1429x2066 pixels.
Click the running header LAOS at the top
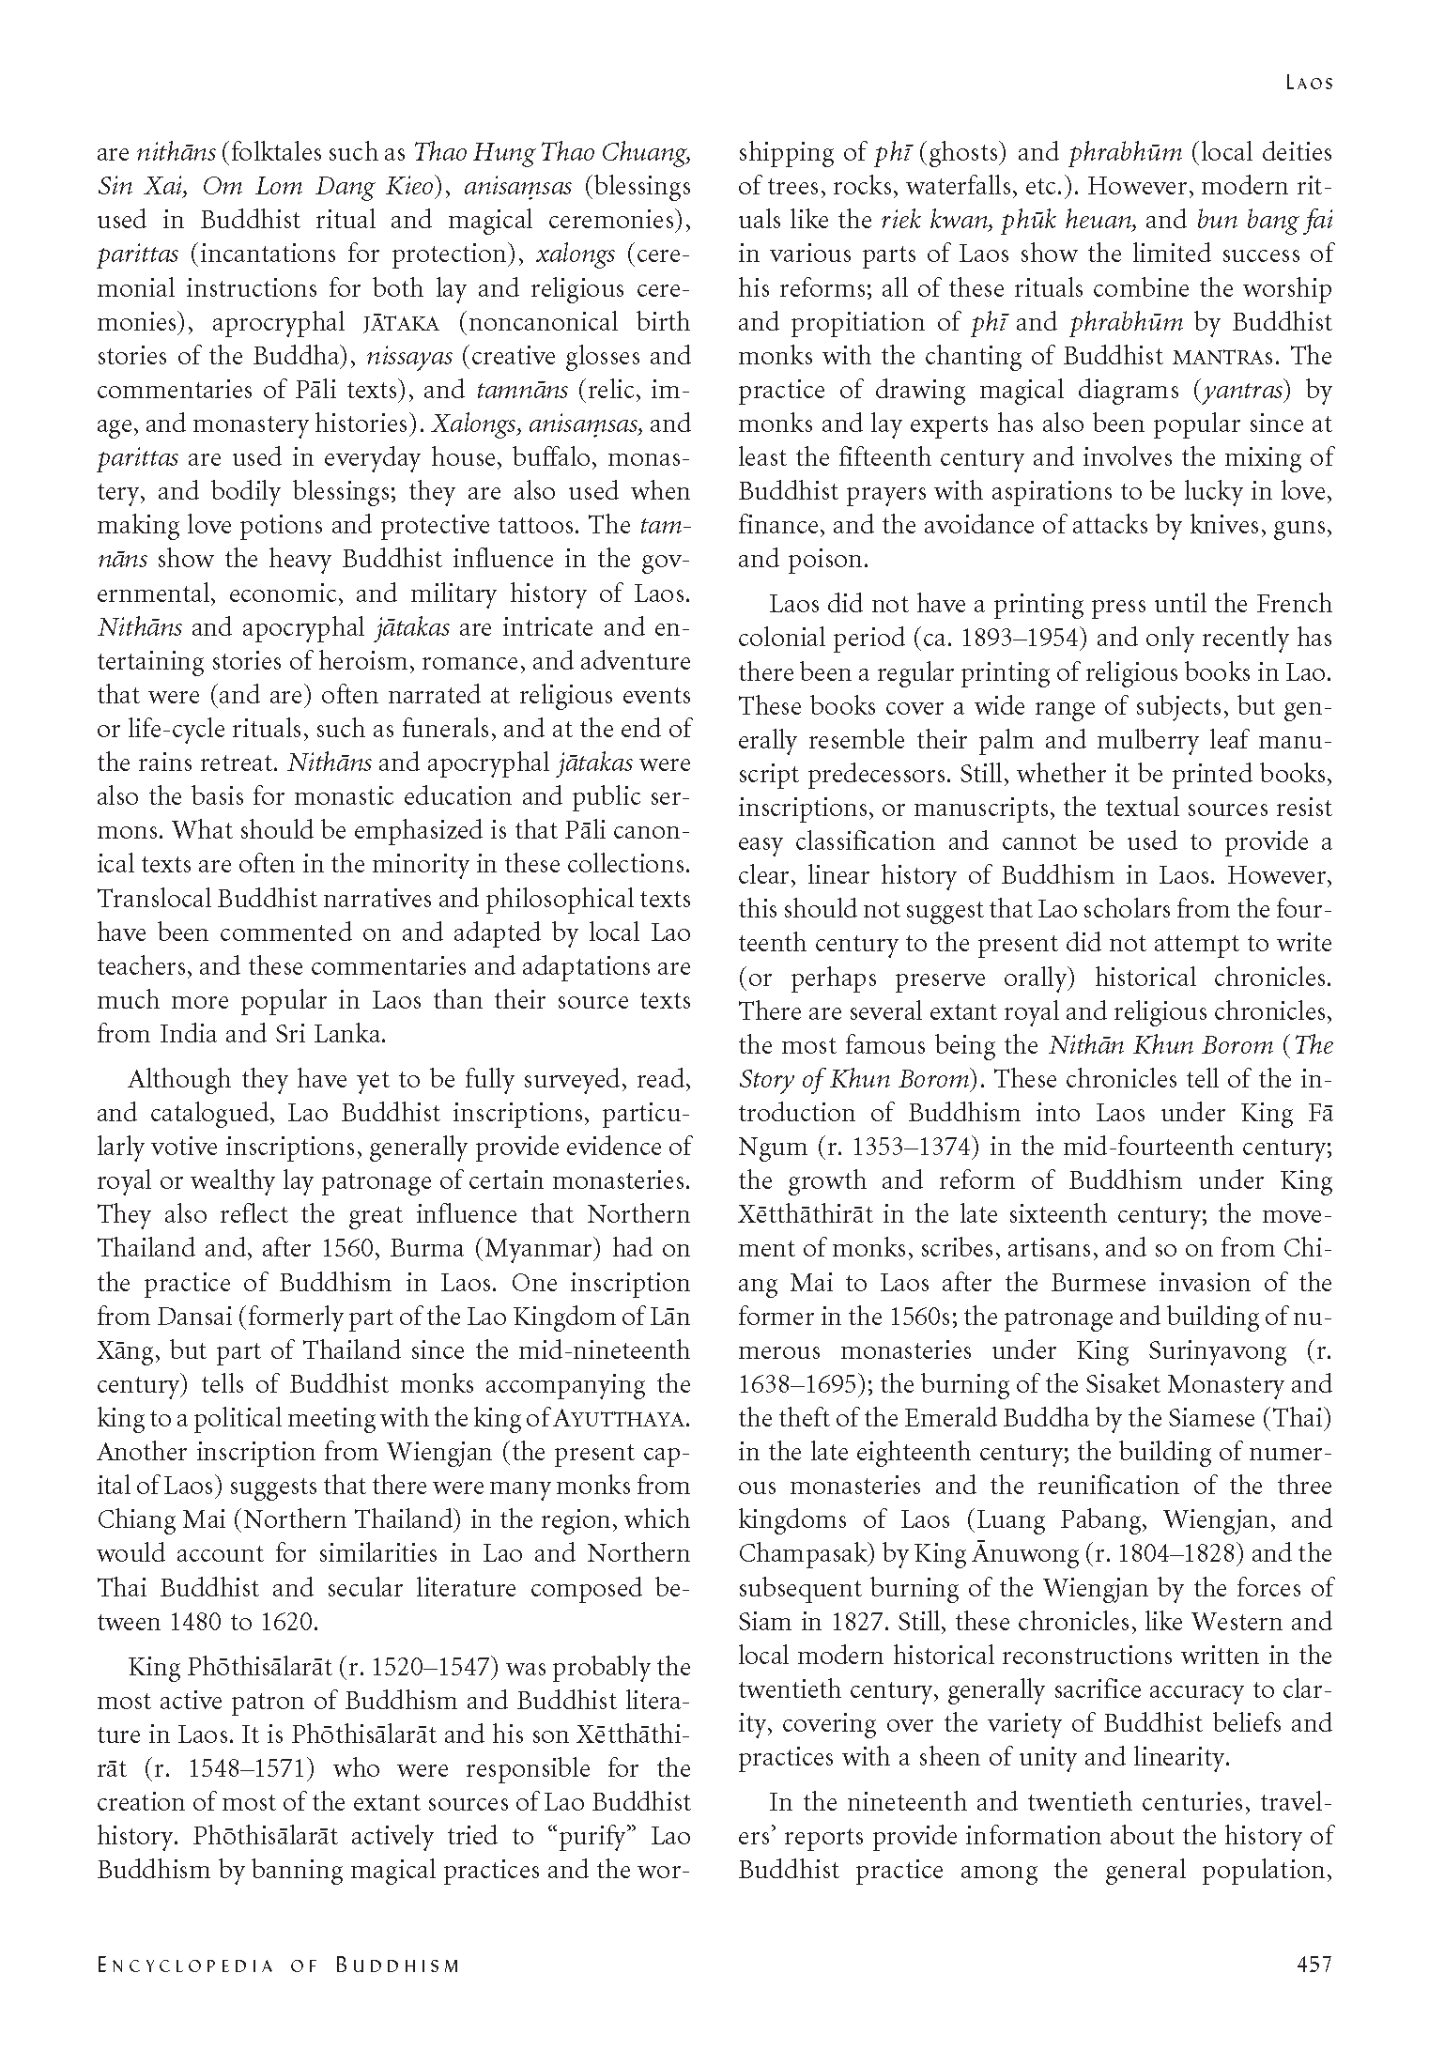tap(1308, 84)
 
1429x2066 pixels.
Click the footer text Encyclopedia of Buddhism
tap(279, 1966)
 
